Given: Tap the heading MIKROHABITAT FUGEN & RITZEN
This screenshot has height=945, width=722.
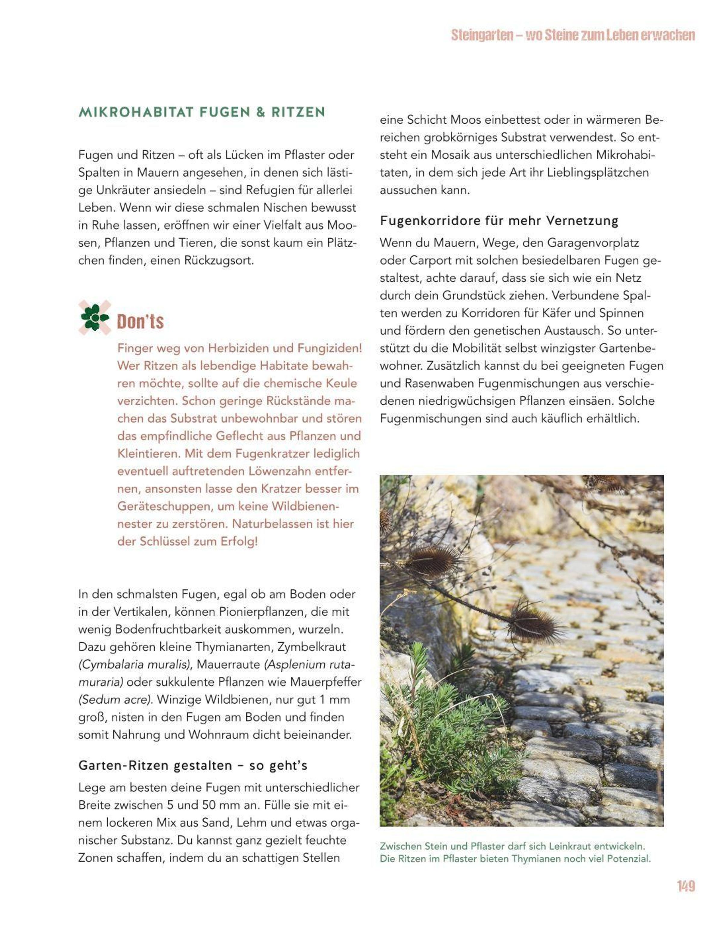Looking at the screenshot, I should point(202,112).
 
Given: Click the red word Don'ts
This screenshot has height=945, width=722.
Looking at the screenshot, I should point(140,321).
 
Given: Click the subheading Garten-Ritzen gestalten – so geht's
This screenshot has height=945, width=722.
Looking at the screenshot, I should point(193,765).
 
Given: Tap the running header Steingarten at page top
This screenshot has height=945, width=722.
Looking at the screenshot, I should point(482,35).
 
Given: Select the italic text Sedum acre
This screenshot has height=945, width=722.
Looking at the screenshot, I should point(115,699).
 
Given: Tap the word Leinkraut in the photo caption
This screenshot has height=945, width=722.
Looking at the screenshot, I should point(565,846).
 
